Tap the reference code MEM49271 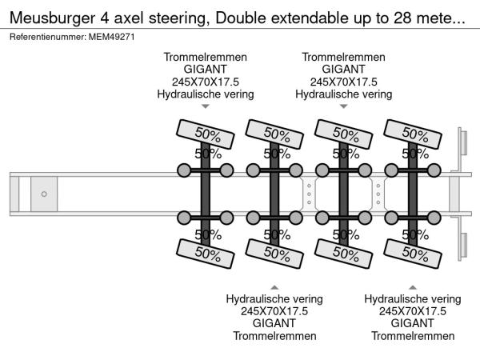coord(111,37)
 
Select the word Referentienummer coord(47,37)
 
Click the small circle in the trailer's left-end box coord(44,194)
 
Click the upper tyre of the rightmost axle coord(414,132)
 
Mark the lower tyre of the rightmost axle coord(414,254)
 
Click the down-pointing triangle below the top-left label coord(205,106)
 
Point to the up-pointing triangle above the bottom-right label coord(413,286)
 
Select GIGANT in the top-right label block coord(343,70)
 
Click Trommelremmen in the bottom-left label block coord(274,335)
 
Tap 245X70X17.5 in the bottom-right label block coord(413,311)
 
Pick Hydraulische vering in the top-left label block coord(205,94)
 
